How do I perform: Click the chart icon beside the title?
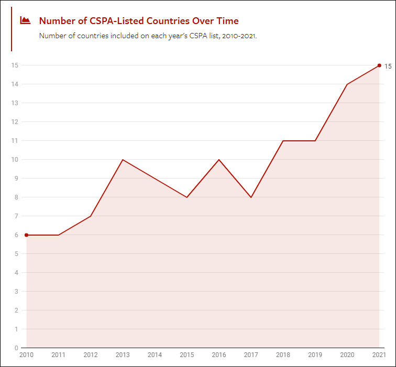click(x=25, y=20)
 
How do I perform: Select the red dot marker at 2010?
click(x=26, y=235)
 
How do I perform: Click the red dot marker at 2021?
click(x=379, y=65)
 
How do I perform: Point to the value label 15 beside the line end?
click(x=388, y=66)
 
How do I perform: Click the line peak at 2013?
click(x=123, y=160)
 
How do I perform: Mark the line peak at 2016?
click(x=219, y=160)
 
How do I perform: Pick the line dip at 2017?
click(x=251, y=197)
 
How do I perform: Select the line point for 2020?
click(x=347, y=84)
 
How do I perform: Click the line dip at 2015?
click(x=187, y=197)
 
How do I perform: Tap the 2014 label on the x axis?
click(x=155, y=355)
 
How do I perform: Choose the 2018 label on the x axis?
click(x=283, y=355)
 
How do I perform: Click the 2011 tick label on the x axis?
click(x=58, y=355)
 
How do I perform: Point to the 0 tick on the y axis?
click(x=16, y=348)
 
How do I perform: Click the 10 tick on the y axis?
click(x=15, y=160)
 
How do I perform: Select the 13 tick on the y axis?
click(x=15, y=103)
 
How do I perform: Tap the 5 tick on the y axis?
click(x=16, y=254)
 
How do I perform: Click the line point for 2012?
click(x=91, y=216)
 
